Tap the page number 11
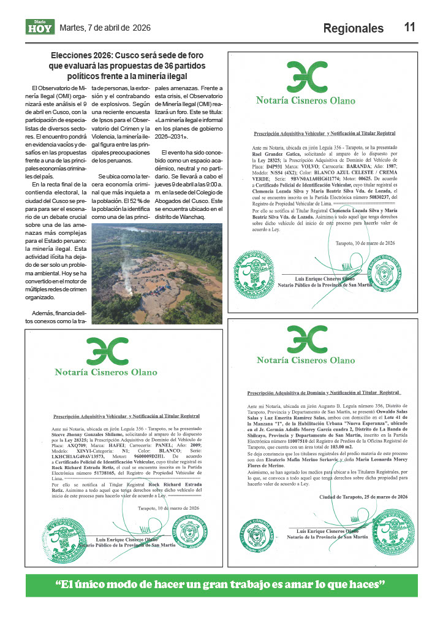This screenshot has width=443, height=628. [x=410, y=27]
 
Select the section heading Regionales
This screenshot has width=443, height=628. [x=353, y=28]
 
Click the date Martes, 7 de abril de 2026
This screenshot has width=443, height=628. [x=105, y=28]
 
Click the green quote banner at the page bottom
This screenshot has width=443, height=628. [x=221, y=584]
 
